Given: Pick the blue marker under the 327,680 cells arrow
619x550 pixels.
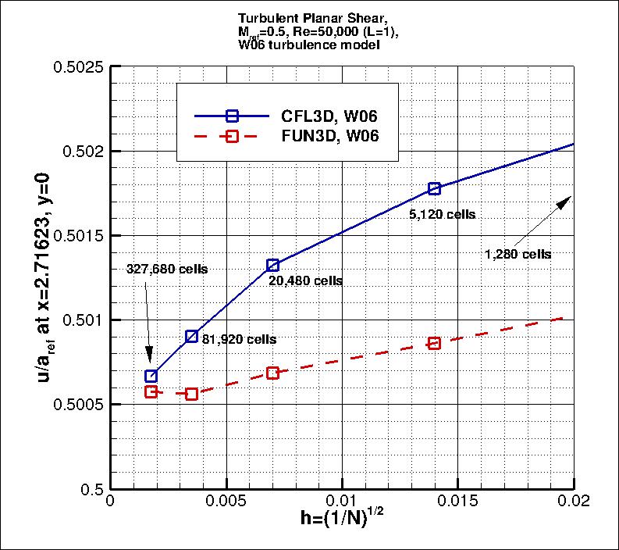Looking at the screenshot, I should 151,376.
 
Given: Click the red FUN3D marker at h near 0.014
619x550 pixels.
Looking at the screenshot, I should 434,343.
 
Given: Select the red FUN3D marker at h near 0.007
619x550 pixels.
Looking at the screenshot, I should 272,373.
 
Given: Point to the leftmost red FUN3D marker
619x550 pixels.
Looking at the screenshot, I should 151,391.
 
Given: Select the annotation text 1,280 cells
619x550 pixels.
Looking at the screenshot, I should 518,254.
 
